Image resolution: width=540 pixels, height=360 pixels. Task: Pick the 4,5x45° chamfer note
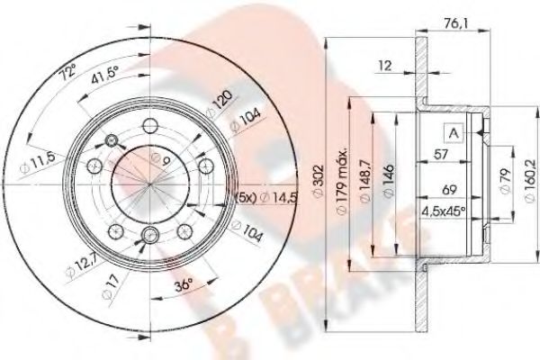point(444,212)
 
